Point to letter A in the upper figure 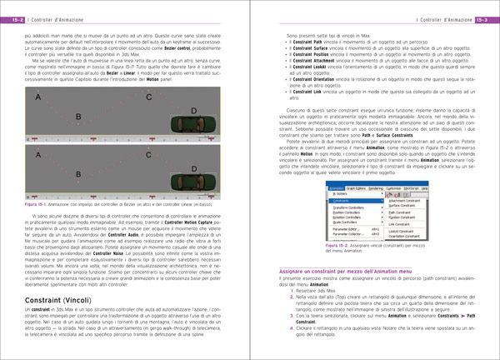coord(37,99)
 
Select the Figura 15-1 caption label coord(38,204)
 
